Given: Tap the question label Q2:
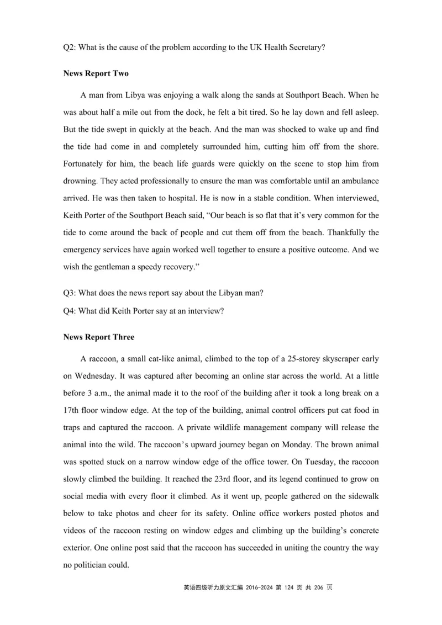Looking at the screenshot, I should coord(70,47).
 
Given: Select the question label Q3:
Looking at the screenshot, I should coord(70,293).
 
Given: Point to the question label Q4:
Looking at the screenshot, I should coord(70,311).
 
